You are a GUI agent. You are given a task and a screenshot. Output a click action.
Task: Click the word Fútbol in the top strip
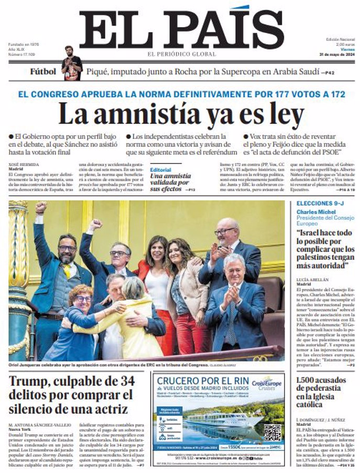click(43, 71)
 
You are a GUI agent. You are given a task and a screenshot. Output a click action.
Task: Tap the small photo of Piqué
click(71, 63)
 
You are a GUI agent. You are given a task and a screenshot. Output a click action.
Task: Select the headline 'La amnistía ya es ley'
click(180, 114)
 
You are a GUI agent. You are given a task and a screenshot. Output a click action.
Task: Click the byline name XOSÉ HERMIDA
click(25, 164)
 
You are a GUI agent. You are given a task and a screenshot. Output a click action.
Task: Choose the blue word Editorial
click(160, 170)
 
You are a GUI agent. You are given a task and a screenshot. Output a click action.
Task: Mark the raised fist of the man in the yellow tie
click(41, 207)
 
